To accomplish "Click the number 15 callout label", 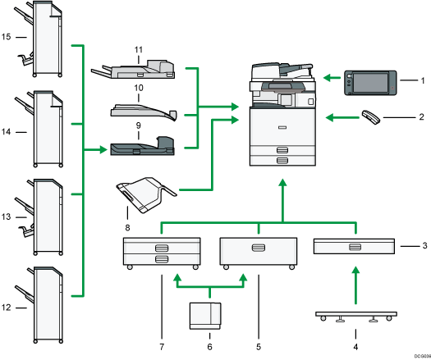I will pyautogui.click(x=7, y=38).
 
